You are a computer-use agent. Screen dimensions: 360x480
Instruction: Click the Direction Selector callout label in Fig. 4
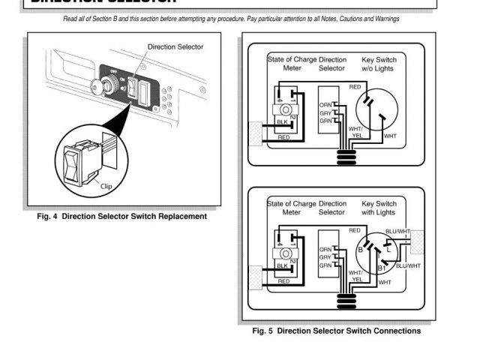(175, 46)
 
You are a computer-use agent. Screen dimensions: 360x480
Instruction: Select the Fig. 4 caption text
(121, 217)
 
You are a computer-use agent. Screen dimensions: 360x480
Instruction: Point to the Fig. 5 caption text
(337, 331)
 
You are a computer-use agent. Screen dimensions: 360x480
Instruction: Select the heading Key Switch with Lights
(379, 208)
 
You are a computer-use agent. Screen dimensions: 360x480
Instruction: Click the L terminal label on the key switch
(387, 248)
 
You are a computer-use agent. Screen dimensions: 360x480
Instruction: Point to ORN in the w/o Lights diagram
(325, 105)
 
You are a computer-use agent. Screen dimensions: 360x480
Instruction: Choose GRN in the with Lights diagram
(325, 265)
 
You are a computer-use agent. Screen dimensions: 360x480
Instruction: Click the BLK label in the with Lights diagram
(282, 265)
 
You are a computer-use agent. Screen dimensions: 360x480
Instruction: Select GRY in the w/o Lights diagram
(325, 113)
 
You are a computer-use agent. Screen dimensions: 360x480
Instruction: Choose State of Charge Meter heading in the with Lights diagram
(292, 208)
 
